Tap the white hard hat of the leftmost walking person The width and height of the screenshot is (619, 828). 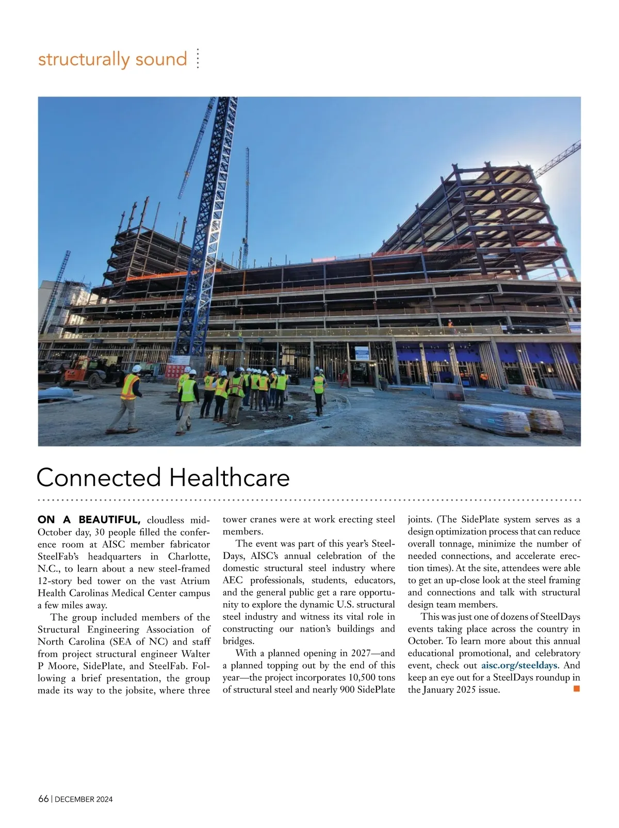(x=137, y=369)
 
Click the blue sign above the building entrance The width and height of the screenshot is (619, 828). (x=362, y=353)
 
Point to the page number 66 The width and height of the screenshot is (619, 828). (x=43, y=799)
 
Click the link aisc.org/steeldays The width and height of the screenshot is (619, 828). (x=519, y=665)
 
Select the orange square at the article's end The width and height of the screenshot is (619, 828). (x=577, y=689)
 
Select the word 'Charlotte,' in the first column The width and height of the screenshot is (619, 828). (x=189, y=556)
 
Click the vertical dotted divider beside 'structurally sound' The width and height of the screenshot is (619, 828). (x=198, y=59)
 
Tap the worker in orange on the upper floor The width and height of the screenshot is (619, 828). (x=450, y=324)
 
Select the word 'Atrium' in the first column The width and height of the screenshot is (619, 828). (x=194, y=581)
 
